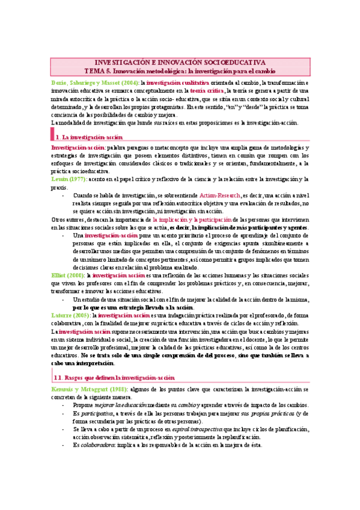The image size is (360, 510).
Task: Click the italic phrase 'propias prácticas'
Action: click(x=285, y=414)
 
